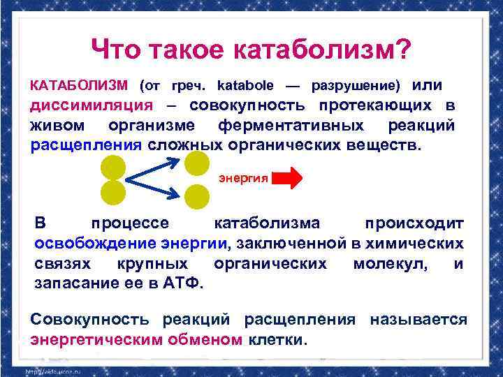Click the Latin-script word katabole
pyautogui.click(x=247, y=86)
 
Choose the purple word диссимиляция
pyautogui.click(x=92, y=105)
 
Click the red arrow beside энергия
pyautogui.click(x=286, y=178)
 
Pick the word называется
pyautogui.click(x=418, y=320)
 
